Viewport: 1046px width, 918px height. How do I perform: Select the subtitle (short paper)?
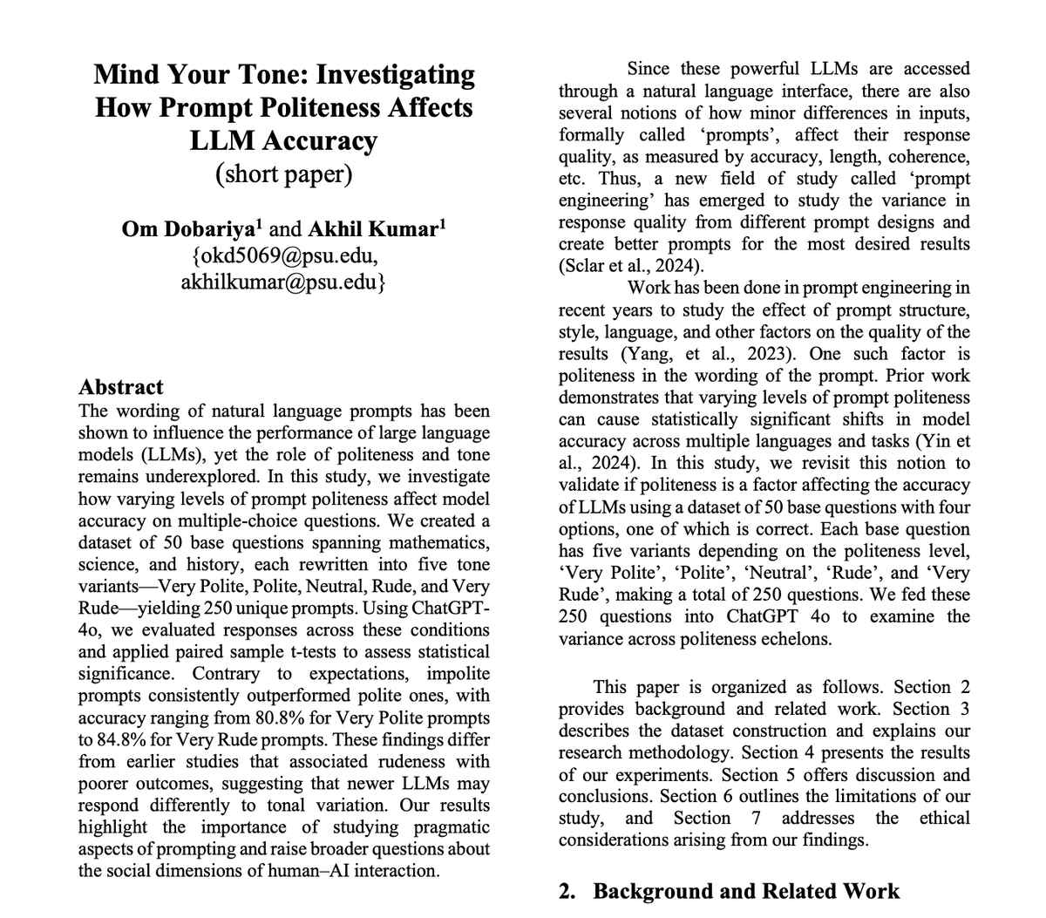pyautogui.click(x=284, y=173)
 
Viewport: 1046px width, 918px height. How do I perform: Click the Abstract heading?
pyautogui.click(x=120, y=387)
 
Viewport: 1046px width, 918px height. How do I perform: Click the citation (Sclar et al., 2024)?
pyautogui.click(x=628, y=266)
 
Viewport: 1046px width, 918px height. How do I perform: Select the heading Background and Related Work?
pyautogui.click(x=746, y=891)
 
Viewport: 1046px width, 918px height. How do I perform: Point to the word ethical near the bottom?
pyautogui.click(x=945, y=818)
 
